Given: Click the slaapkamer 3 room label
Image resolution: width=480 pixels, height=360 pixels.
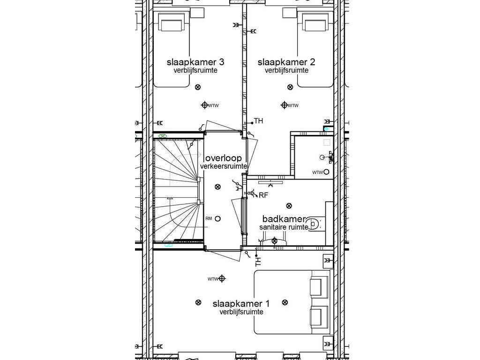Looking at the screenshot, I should click(195, 62).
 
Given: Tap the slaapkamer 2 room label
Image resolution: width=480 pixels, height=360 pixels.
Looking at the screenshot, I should click(286, 62).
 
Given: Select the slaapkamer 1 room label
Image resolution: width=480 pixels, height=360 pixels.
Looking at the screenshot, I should click(241, 304).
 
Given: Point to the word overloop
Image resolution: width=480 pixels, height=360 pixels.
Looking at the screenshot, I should click(223, 158).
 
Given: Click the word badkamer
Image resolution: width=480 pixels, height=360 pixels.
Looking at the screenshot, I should click(284, 219).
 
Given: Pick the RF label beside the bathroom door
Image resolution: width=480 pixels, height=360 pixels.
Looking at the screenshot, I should click(263, 195).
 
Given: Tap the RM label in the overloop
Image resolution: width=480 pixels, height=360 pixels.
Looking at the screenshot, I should click(209, 218).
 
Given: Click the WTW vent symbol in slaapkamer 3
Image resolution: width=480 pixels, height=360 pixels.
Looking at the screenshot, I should click(204, 105).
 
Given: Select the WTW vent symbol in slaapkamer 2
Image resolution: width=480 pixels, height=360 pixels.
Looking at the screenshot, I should click(284, 105).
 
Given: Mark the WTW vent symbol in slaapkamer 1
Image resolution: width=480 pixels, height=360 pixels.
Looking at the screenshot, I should click(222, 279).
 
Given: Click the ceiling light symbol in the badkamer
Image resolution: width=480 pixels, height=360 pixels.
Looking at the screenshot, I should click(289, 205).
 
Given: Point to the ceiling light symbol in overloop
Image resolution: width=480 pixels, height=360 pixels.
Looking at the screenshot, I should click(217, 187).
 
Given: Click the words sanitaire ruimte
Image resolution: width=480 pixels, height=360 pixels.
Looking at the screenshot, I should click(284, 227).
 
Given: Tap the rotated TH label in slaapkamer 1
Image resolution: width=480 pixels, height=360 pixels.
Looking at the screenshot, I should click(257, 259).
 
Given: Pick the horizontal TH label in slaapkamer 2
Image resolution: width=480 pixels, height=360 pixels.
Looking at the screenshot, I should click(259, 121).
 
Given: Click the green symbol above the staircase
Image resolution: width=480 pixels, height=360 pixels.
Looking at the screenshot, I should click(162, 136).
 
